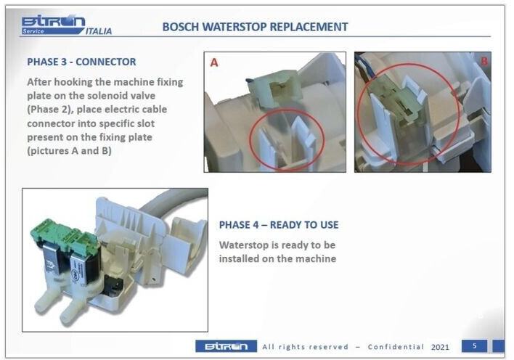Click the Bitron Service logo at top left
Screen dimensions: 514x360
[x=53, y=25]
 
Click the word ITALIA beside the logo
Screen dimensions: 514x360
[x=99, y=31]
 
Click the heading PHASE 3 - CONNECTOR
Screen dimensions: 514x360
[x=81, y=62]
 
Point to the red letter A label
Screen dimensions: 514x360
[x=214, y=62]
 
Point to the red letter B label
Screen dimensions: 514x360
[x=484, y=61]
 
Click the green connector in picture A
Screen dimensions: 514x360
[x=274, y=88]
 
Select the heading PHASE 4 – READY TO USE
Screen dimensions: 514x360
[x=279, y=225]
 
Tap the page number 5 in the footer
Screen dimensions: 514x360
[x=474, y=346]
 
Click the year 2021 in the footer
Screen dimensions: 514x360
[x=440, y=347]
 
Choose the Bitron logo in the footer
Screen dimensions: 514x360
[x=227, y=346]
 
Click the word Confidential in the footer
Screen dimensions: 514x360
[x=396, y=347]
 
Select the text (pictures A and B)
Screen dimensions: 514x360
[x=69, y=151]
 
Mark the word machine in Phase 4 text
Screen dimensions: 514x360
[x=315, y=258]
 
